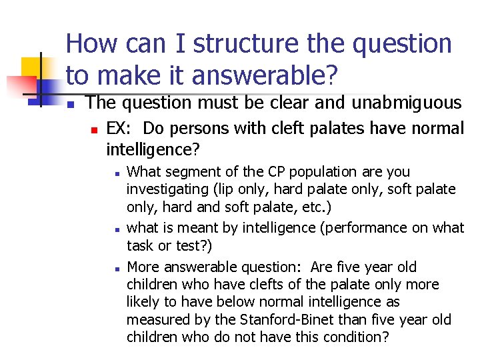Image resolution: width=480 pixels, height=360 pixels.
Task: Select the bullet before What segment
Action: [x=116, y=173]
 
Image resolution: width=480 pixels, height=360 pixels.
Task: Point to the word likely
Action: [x=143, y=303]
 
